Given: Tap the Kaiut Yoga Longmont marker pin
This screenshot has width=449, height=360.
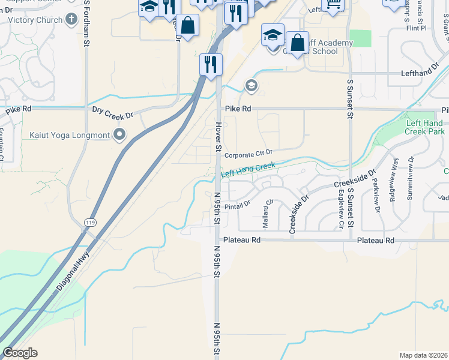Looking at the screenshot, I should point(120,135).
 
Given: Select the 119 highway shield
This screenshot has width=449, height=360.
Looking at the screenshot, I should point(89,223).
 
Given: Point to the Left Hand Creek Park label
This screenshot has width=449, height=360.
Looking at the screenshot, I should point(424,127).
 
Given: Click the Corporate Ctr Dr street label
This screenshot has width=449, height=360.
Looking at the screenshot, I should point(249,154).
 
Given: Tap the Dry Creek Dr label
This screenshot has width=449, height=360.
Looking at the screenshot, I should point(112,110).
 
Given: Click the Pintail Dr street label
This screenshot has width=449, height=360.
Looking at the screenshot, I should point(237,205).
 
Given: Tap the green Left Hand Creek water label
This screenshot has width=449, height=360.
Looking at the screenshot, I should point(248,169).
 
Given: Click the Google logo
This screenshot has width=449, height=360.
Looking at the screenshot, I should point(20,353).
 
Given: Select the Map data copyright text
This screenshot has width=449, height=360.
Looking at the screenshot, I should point(423,355).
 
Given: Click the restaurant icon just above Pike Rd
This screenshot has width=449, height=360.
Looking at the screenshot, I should point(211,64).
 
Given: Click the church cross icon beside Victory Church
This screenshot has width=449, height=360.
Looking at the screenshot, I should point(71,19).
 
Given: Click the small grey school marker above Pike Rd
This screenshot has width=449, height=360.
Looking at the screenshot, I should point(251,86).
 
